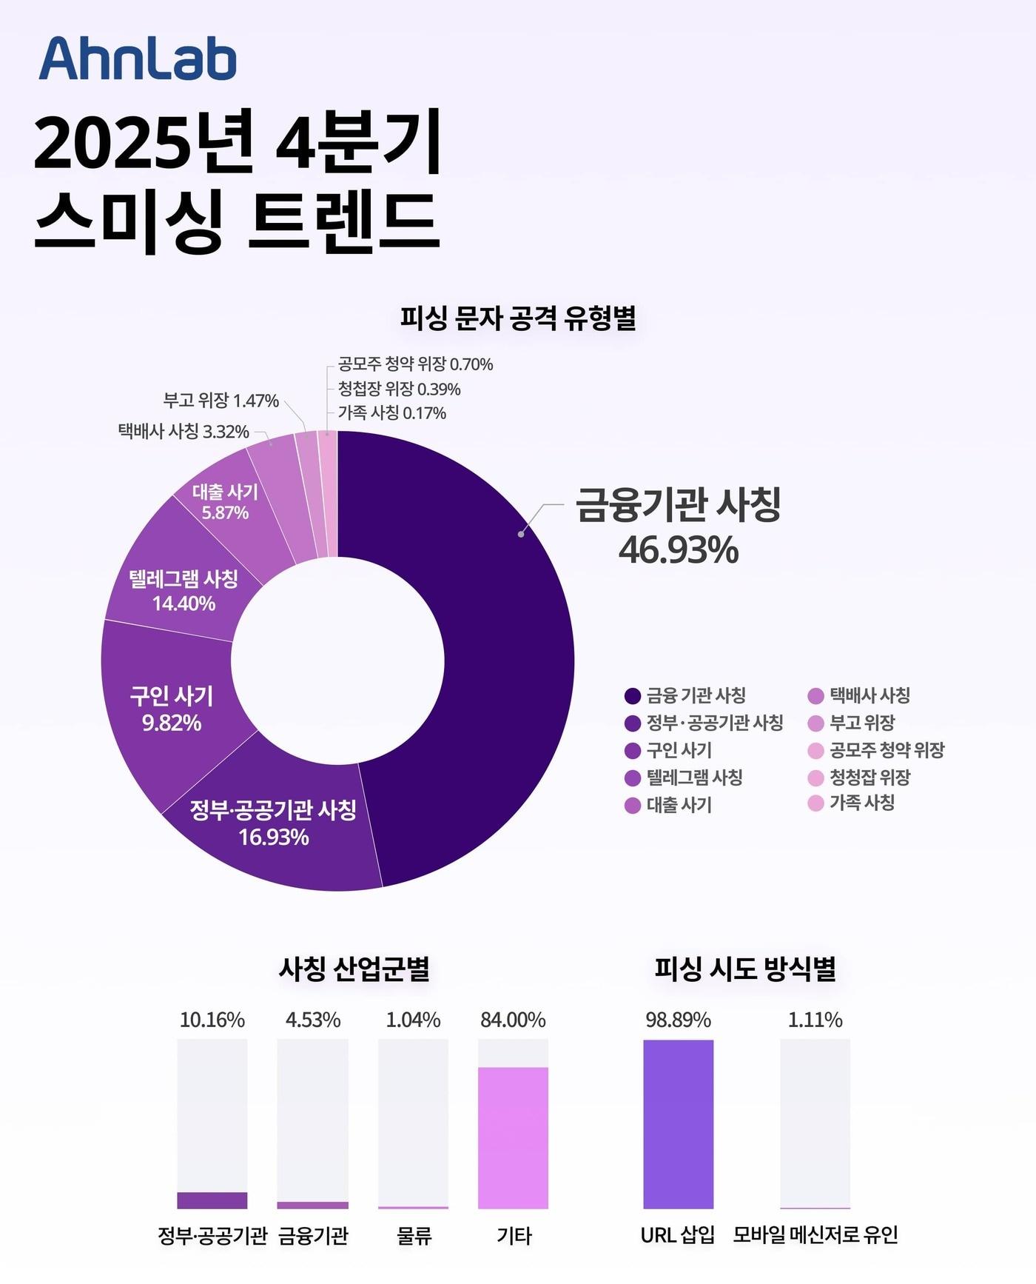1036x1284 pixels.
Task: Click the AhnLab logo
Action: (138, 58)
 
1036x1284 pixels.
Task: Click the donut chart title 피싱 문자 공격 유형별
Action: (518, 318)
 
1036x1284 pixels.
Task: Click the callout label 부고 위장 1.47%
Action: (221, 401)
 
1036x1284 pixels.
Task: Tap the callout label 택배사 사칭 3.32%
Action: (184, 431)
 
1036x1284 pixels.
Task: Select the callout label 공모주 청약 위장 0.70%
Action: (415, 364)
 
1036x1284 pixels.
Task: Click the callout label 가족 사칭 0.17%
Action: (392, 412)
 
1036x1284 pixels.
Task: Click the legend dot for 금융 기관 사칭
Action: (632, 695)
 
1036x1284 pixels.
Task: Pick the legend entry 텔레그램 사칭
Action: (694, 778)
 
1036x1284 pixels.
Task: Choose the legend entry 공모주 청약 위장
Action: (887, 750)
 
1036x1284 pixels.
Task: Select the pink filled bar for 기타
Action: (513, 1137)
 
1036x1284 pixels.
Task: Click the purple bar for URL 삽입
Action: (678, 1124)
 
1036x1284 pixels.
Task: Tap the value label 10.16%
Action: (212, 1020)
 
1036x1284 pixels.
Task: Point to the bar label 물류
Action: (413, 1235)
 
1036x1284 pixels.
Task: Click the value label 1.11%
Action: (815, 1020)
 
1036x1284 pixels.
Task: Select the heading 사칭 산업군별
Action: (354, 969)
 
